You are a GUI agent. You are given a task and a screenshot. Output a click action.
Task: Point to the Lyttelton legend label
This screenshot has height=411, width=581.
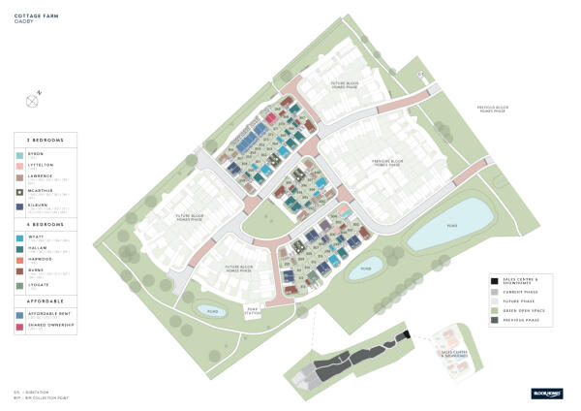[40, 166]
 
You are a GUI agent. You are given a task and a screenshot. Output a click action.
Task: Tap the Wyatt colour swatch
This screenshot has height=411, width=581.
[19, 237]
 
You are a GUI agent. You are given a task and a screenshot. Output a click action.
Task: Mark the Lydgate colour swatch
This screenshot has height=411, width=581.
[19, 285]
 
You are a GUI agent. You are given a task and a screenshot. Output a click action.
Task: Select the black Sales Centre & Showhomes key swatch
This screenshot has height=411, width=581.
[494, 279]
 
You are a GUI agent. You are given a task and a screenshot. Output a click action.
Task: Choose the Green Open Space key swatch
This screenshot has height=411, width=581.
[494, 310]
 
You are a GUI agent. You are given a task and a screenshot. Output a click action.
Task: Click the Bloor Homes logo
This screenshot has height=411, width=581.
[545, 393]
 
